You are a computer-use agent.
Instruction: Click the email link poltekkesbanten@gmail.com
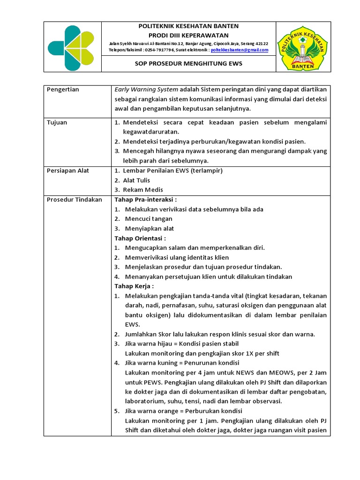pos(240,50)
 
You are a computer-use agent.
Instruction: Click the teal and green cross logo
pos(73,46)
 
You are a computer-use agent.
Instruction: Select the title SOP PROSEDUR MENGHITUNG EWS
pos(188,63)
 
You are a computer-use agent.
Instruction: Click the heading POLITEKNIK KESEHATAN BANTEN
pos(188,26)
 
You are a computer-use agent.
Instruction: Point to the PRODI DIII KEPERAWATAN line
pos(188,35)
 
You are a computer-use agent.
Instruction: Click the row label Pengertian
pos(63,90)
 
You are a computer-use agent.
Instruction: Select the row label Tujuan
pos(57,122)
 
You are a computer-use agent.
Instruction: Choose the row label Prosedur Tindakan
pos(75,200)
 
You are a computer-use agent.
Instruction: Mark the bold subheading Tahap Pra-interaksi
pos(146,200)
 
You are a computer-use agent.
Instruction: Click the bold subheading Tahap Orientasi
pos(140,238)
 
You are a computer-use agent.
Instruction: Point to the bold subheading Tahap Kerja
pos(134,286)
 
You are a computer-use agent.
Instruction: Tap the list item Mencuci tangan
pos(149,219)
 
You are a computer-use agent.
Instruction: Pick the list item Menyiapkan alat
pos(150,228)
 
